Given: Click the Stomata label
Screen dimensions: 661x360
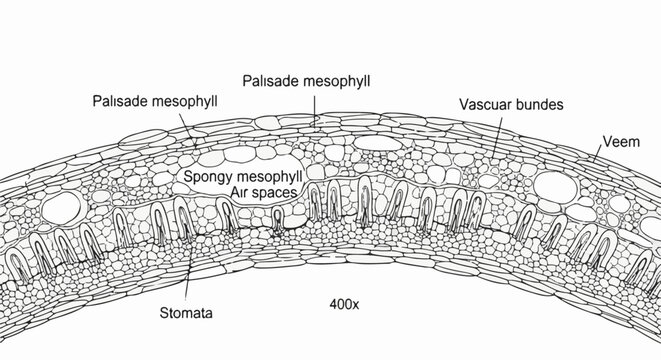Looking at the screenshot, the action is (186, 312).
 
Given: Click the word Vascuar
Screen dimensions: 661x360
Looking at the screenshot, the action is (486, 103).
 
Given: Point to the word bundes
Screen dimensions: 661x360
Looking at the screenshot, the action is (540, 103).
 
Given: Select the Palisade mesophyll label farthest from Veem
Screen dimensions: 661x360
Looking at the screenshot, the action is (155, 101).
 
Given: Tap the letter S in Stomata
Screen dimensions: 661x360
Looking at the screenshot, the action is (165, 312).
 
